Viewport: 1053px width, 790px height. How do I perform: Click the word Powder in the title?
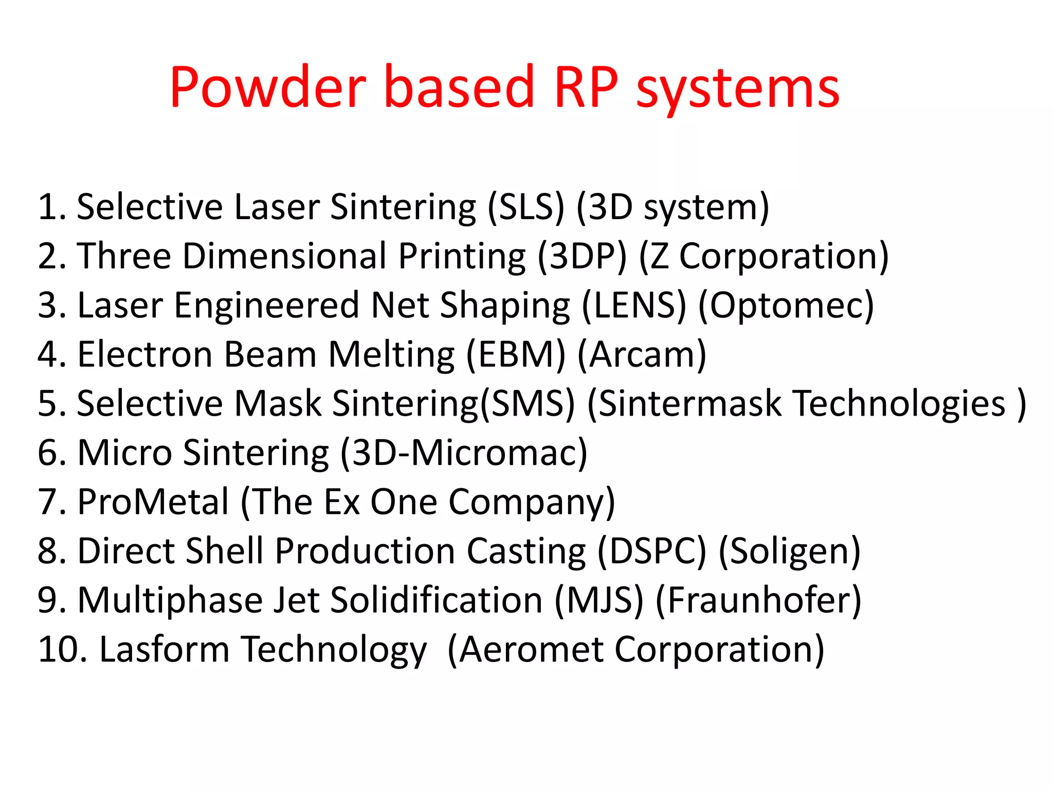coord(268,87)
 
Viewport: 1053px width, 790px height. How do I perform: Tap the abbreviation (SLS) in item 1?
coord(526,207)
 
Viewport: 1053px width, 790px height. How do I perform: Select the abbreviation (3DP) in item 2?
coord(583,256)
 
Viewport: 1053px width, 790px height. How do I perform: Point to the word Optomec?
coord(786,306)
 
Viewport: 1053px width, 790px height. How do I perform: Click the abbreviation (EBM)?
coord(516,355)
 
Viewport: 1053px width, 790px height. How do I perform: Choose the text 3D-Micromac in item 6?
coord(464,453)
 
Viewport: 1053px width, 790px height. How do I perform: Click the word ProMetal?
coord(153,502)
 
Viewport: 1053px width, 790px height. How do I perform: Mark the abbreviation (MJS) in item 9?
coord(599,601)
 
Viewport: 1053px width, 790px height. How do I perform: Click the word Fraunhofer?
coord(758,601)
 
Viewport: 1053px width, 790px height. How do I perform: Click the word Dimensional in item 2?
coord(284,256)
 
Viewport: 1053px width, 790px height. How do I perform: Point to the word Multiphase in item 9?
coord(170,601)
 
